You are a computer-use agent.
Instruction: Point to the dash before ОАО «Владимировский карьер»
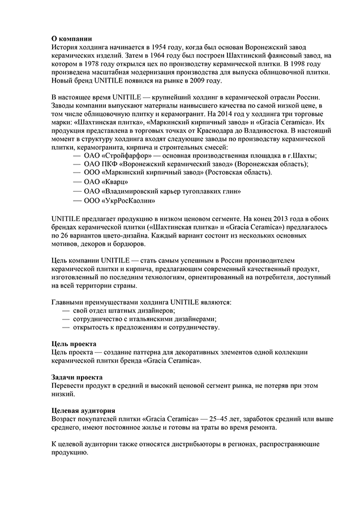tap(78, 191)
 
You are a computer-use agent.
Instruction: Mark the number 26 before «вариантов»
tap(66, 235)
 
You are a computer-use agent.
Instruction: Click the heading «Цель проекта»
tap(74, 343)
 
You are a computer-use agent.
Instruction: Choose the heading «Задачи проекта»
tap(76, 377)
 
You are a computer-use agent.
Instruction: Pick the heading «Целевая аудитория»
tap(83, 410)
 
